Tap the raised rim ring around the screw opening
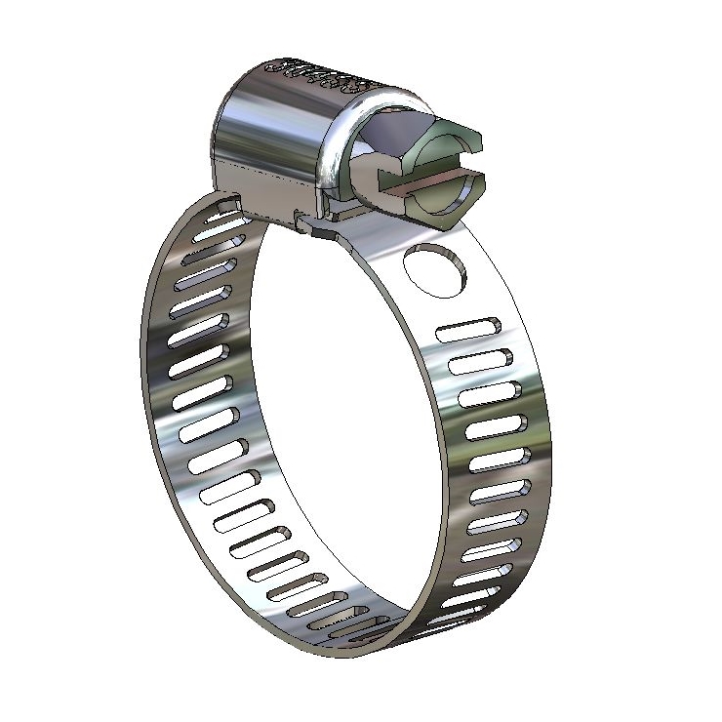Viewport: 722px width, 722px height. click(x=337, y=146)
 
